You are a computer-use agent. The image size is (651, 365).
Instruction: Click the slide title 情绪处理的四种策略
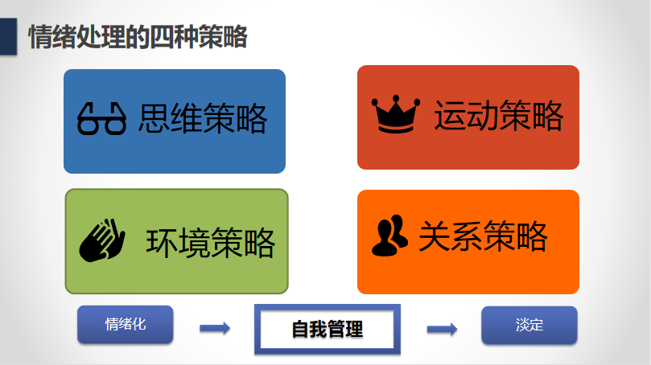pyautogui.click(x=138, y=37)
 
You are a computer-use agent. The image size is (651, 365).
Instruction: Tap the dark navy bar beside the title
pyautogui.click(x=8, y=36)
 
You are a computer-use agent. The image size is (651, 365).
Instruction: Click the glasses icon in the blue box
pyautogui.click(x=101, y=119)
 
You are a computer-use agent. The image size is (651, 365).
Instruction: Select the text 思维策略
pyautogui.click(x=203, y=119)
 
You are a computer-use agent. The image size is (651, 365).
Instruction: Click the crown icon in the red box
pyautogui.click(x=396, y=114)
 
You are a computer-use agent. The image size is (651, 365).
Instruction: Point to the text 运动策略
pyautogui.click(x=499, y=115)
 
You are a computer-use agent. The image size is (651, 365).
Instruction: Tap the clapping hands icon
pyautogui.click(x=102, y=240)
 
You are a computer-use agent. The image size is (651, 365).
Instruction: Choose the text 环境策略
pyautogui.click(x=210, y=243)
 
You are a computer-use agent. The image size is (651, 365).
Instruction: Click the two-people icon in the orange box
pyautogui.click(x=389, y=236)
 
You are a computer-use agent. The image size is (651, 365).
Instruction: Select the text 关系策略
pyautogui.click(x=483, y=236)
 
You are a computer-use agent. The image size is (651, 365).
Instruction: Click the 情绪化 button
pyautogui.click(x=126, y=324)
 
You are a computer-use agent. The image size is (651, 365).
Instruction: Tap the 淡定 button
pyautogui.click(x=529, y=325)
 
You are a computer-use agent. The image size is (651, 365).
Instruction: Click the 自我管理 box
pyautogui.click(x=328, y=330)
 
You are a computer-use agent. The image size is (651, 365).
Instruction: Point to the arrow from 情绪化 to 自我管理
pyautogui.click(x=215, y=329)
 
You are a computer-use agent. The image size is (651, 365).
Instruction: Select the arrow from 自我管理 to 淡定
pyautogui.click(x=442, y=330)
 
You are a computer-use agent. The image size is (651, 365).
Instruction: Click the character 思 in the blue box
pyautogui.click(x=154, y=119)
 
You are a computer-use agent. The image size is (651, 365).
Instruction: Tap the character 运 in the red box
pyautogui.click(x=450, y=116)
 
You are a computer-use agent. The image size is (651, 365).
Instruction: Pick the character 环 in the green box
pyautogui.click(x=162, y=243)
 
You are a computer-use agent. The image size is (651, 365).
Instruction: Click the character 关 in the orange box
pyautogui.click(x=435, y=236)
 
